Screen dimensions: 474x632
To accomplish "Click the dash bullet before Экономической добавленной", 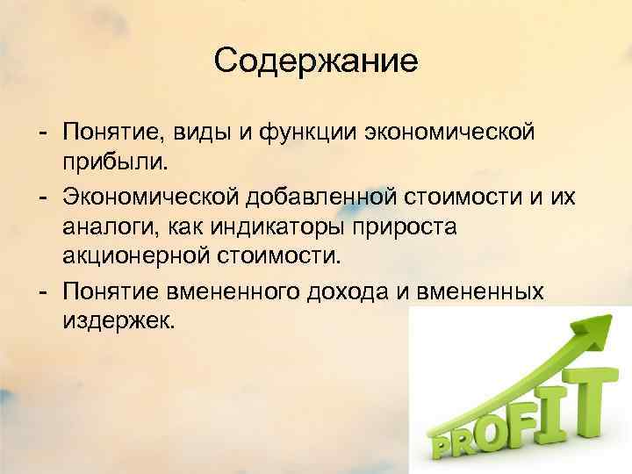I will pyautogui.click(x=42, y=195).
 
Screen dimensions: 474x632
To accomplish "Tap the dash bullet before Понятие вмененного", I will pyautogui.click(x=42, y=289).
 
